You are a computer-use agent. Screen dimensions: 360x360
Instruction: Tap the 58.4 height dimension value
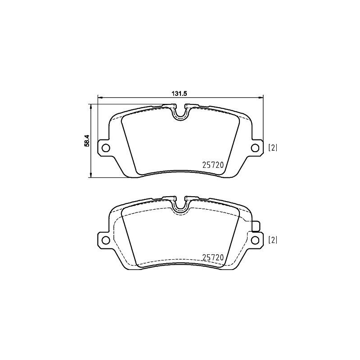(x=88, y=140)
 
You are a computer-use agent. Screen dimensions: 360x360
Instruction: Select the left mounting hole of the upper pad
(x=105, y=148)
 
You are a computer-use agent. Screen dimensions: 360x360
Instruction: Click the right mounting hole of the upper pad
(x=254, y=148)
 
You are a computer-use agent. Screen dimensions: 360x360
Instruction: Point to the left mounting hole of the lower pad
(x=105, y=239)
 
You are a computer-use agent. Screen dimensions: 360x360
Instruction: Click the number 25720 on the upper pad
(x=212, y=166)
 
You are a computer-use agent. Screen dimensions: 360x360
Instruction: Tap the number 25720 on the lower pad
(x=212, y=257)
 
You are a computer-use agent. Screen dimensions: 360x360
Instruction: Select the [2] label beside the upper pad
(x=273, y=148)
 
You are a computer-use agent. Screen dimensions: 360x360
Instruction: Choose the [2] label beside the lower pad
(x=273, y=240)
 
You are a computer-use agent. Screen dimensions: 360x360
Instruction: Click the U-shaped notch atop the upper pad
(x=180, y=114)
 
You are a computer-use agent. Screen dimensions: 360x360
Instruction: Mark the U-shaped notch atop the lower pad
(x=180, y=205)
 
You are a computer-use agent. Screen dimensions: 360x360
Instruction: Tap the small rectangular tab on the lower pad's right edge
(x=257, y=227)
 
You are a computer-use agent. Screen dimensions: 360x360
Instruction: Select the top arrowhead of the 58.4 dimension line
(x=91, y=107)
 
